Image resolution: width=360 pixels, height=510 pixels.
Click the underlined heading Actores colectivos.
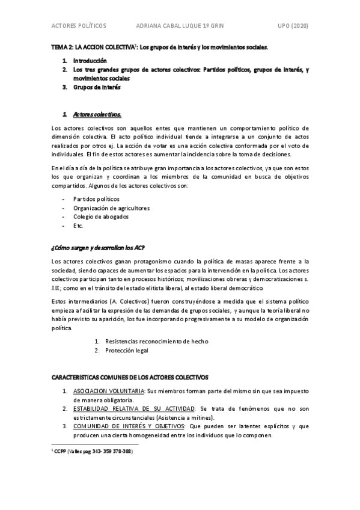97,114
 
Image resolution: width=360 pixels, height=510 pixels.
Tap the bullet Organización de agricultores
111,207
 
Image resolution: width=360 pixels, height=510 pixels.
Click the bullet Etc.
79,226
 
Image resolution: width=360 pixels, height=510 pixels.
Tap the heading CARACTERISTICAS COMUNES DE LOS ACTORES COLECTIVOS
130,378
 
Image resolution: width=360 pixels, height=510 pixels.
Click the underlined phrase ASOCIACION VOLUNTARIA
109,391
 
